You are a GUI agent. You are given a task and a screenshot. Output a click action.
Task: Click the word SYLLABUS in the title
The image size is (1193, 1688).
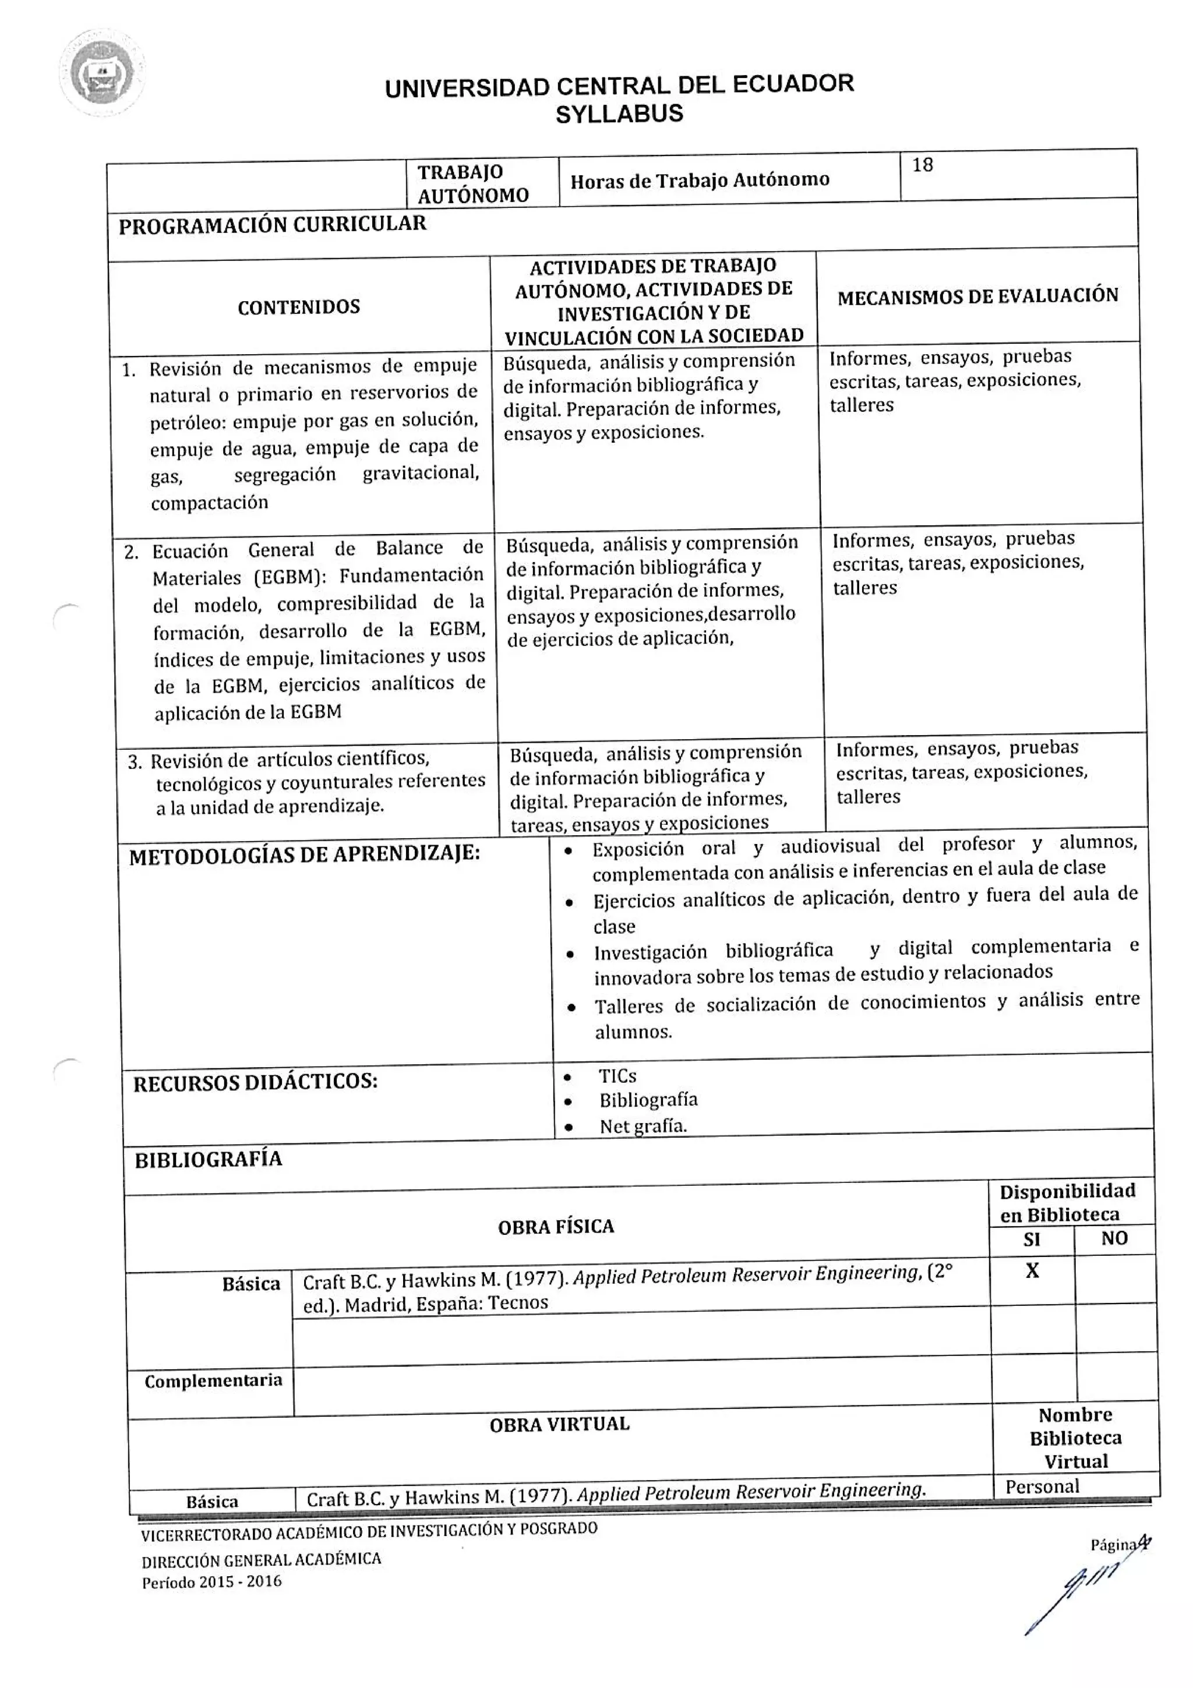point(619,115)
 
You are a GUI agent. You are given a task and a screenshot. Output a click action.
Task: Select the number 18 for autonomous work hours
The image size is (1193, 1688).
point(923,165)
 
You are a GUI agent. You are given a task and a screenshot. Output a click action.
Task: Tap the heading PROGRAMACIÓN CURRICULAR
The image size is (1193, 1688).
point(272,224)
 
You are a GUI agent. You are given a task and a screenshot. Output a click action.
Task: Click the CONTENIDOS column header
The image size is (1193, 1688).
point(298,308)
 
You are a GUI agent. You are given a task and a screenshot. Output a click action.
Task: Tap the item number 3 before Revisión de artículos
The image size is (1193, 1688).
point(134,762)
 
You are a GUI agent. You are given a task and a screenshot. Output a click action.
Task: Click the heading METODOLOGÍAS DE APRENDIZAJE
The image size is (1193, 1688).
point(304,855)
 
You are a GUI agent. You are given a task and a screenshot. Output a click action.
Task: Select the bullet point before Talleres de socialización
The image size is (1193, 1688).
point(571,1008)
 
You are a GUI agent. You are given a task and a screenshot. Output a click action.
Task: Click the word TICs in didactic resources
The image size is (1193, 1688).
point(617,1076)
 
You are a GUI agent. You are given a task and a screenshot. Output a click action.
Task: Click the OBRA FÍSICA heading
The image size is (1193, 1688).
point(556,1227)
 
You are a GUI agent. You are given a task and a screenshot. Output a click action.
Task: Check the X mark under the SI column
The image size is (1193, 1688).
point(1032,1271)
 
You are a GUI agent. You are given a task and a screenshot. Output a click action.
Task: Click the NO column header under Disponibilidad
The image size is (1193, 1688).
point(1114,1239)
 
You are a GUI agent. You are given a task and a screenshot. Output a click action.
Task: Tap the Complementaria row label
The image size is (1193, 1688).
point(213,1380)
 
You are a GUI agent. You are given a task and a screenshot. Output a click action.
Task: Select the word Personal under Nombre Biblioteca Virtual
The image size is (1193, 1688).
point(1042,1486)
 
